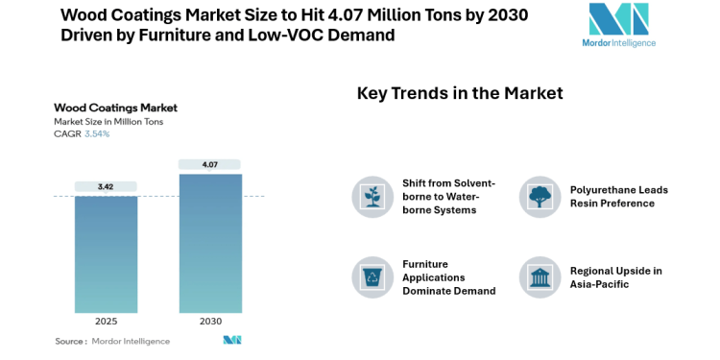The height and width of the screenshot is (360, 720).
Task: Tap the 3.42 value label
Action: tap(107, 186)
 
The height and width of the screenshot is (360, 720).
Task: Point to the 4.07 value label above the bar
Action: tap(209, 165)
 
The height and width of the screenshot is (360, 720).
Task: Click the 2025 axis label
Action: tap(107, 320)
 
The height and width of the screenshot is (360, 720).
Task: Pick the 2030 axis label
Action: tap(209, 320)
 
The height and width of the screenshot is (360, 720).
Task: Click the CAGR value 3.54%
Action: tap(97, 134)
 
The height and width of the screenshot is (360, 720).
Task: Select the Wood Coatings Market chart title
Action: tap(115, 108)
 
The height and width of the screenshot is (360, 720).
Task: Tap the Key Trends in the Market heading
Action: tap(460, 93)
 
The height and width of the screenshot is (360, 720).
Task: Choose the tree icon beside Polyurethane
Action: tap(539, 196)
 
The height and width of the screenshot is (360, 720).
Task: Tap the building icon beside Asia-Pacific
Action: tap(539, 276)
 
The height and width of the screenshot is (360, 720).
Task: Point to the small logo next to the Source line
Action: tap(232, 341)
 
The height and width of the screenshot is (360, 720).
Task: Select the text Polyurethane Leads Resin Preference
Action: tap(618, 196)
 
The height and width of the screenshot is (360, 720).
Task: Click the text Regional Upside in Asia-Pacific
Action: tap(615, 276)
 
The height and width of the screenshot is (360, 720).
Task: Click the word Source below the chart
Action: tap(70, 341)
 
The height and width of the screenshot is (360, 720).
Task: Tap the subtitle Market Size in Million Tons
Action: tap(109, 122)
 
